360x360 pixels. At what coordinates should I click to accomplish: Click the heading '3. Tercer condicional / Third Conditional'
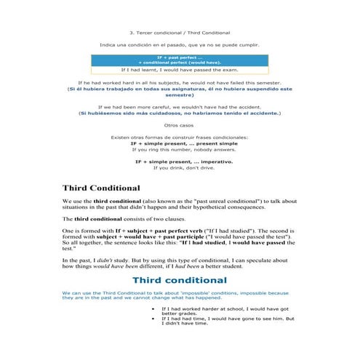click(x=179, y=33)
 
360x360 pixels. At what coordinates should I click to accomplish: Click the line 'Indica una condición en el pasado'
click(x=179, y=45)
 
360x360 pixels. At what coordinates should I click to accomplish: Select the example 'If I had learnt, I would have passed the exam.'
click(x=179, y=70)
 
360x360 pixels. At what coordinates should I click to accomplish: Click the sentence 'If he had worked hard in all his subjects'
click(x=179, y=83)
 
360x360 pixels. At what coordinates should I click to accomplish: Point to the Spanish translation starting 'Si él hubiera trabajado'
click(x=179, y=92)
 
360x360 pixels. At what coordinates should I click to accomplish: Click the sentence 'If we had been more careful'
click(x=179, y=107)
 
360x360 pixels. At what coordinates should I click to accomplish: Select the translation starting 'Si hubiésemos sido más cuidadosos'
click(x=179, y=113)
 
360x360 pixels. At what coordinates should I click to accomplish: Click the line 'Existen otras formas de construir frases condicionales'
click(x=179, y=137)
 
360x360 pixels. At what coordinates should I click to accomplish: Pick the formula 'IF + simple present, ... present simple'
click(x=179, y=143)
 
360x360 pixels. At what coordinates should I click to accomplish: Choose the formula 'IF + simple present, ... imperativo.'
click(x=179, y=161)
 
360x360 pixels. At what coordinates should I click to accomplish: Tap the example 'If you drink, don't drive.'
click(x=179, y=168)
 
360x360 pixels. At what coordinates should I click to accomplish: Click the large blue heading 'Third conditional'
click(x=179, y=279)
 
